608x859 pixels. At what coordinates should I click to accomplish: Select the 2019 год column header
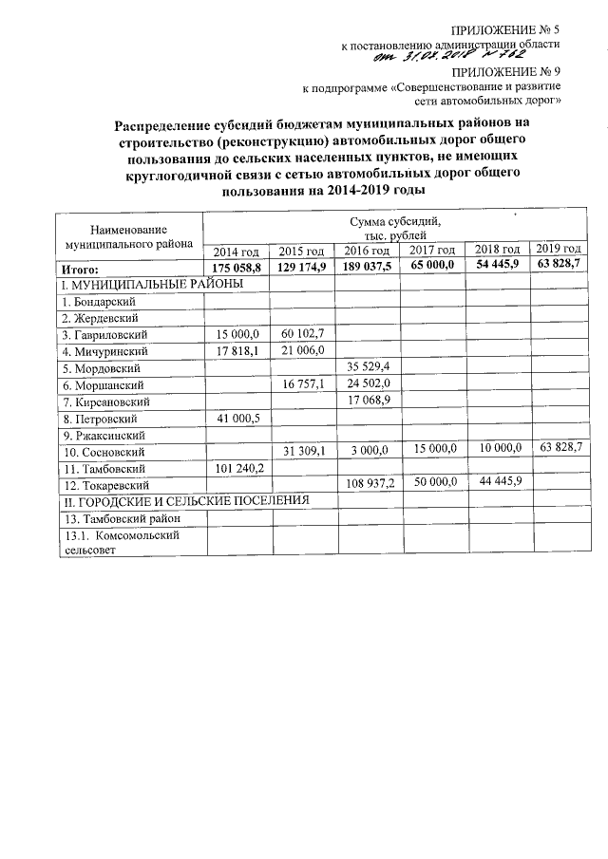(x=558, y=249)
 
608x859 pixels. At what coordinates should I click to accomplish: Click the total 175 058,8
(x=237, y=268)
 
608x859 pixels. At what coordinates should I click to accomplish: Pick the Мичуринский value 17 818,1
(x=237, y=349)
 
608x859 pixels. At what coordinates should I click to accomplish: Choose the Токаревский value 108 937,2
(x=367, y=483)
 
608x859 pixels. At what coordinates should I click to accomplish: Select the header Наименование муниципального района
(x=129, y=236)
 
